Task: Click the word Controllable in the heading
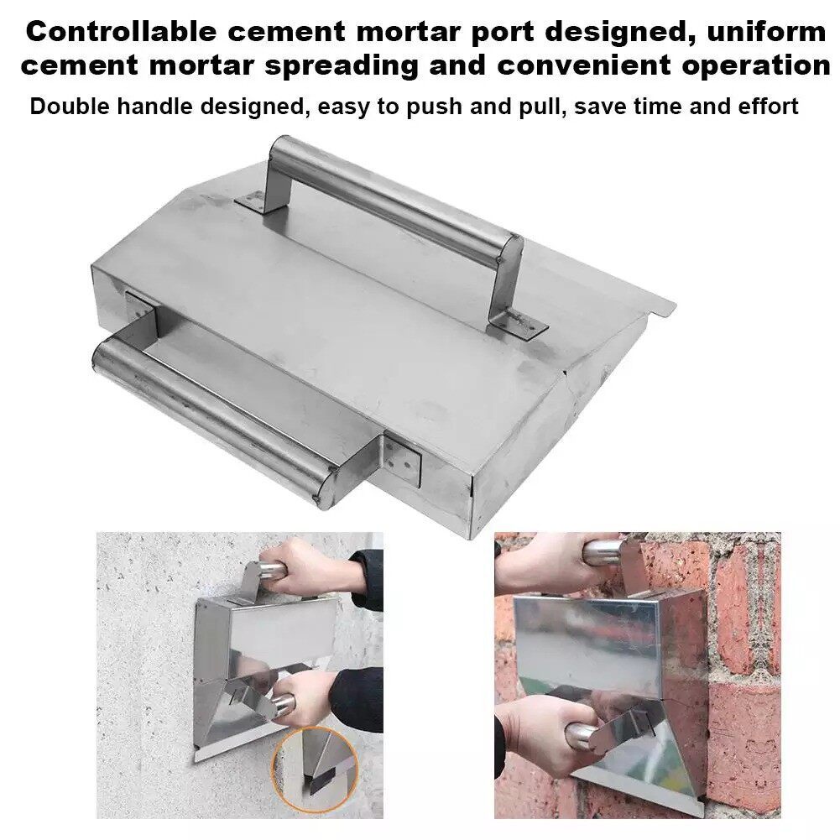click(121, 32)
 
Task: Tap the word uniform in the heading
click(767, 32)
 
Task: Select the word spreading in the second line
click(342, 66)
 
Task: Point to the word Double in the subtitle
click(70, 107)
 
